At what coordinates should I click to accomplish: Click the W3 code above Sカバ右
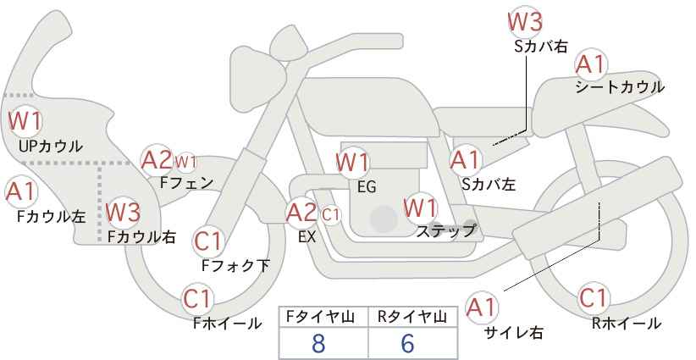click(x=525, y=21)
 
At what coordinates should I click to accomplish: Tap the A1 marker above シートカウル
click(x=590, y=65)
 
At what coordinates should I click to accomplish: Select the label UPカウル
click(x=51, y=146)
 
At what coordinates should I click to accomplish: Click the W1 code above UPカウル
click(x=25, y=121)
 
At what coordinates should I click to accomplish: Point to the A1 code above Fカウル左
click(x=20, y=191)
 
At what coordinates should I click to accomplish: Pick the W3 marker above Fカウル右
click(x=123, y=212)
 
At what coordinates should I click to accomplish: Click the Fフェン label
click(x=186, y=183)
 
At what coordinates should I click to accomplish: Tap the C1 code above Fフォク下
click(x=207, y=241)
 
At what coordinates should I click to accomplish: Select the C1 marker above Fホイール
click(x=197, y=298)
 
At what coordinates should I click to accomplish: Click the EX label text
click(x=307, y=237)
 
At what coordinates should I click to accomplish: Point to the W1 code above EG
click(x=352, y=163)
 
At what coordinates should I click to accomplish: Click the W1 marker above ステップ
click(x=420, y=208)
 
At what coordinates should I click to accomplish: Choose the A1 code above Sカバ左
click(x=465, y=160)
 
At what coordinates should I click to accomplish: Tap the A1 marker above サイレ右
click(x=481, y=307)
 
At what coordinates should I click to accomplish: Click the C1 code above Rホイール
click(x=593, y=298)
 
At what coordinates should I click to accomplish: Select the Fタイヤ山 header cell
click(x=323, y=318)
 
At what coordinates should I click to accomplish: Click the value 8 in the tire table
click(x=318, y=343)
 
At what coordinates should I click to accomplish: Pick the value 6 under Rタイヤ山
click(x=407, y=343)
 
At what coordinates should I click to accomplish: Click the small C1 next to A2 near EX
click(x=330, y=215)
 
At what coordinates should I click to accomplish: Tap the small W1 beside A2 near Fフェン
click(x=185, y=162)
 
